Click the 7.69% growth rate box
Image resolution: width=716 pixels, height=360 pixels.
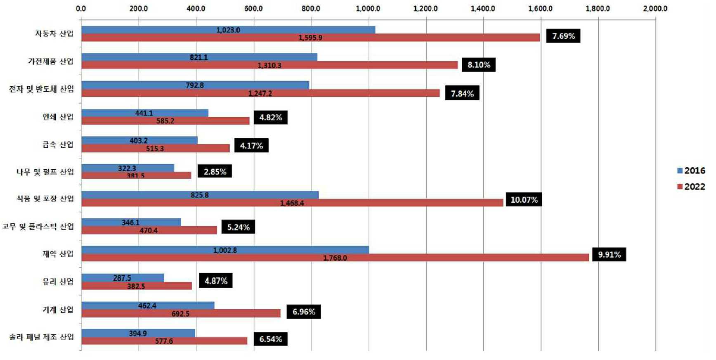click(563, 36)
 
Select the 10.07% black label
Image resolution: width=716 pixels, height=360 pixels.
click(524, 200)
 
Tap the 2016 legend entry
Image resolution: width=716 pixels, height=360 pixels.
click(691, 171)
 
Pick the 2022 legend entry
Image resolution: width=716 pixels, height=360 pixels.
click(691, 187)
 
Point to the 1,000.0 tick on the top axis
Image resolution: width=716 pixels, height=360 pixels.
click(368, 8)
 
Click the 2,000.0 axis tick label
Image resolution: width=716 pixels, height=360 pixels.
click(655, 8)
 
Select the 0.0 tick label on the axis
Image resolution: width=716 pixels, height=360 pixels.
click(81, 8)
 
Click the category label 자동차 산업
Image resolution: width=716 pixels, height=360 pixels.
click(54, 33)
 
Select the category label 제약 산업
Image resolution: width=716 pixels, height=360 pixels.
click(58, 254)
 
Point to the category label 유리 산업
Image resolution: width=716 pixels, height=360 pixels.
click(58, 282)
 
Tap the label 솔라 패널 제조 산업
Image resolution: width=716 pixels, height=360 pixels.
click(42, 337)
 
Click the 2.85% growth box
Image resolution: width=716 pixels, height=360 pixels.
click(215, 171)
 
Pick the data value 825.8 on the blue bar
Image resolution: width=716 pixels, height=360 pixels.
click(199, 195)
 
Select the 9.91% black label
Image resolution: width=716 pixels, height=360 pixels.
click(609, 254)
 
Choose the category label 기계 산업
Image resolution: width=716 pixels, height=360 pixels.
click(58, 310)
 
